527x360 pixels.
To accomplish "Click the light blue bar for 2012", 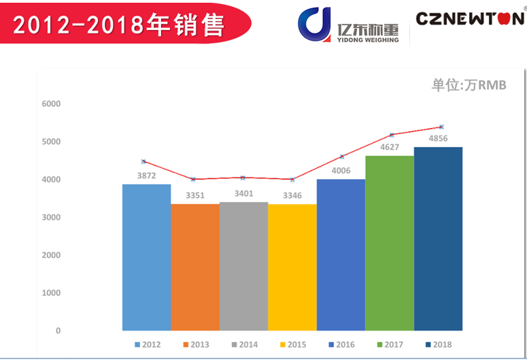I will pos(146,257).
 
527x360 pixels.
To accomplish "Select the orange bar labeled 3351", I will pos(195,267).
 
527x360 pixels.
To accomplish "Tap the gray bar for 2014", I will pos(243,266).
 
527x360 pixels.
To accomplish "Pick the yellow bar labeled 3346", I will pos(292,267).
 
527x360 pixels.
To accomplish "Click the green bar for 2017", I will pos(390,243).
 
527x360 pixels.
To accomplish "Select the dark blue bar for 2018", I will pos(438,238).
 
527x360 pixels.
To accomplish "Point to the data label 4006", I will pos(341,171).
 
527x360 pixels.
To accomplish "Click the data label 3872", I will pos(146,176).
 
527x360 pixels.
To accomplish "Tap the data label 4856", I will pos(438,139).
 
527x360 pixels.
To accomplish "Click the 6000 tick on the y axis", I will pos(51,104).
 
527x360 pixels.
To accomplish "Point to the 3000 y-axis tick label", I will pos(51,217).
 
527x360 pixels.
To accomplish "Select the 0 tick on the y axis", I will pos(58,331).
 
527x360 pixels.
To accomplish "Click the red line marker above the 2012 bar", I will pos(143,161).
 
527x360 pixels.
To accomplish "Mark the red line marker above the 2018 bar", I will pos(441,127).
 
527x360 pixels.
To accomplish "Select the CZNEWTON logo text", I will pos(470,18).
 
